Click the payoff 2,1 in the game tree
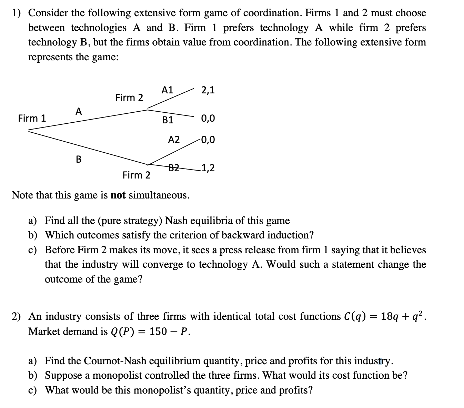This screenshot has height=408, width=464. coord(208,90)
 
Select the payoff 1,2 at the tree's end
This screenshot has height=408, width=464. coord(208,168)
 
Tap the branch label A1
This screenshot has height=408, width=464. coord(167,90)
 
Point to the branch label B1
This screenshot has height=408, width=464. coord(168,120)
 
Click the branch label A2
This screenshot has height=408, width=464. coord(174,140)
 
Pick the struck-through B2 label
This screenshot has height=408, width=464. coord(174,168)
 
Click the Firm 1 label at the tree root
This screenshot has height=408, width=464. coord(32,119)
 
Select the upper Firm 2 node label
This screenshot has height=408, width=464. coord(129,98)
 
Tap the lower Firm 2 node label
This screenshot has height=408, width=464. coord(137,175)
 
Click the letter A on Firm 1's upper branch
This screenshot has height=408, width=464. coord(79,112)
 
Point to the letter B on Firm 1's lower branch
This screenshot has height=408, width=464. coord(79,160)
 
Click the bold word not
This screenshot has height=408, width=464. coord(118,195)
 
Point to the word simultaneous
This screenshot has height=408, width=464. coord(159,195)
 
